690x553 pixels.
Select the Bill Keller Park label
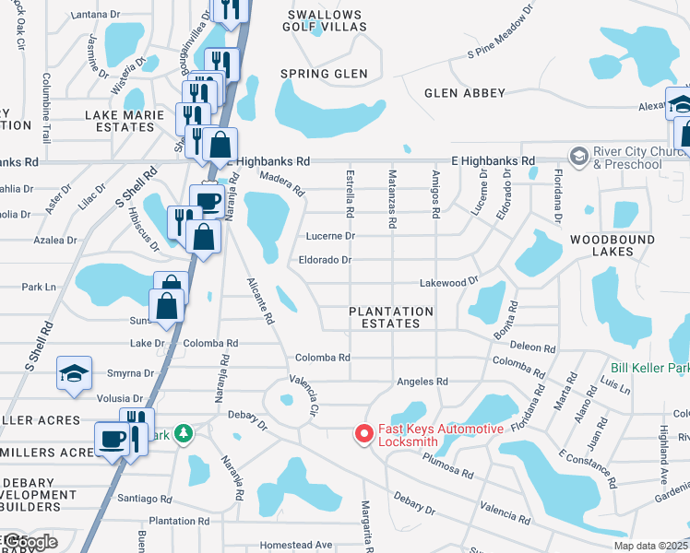650,369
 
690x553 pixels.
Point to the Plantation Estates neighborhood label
391,318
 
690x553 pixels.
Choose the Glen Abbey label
465,93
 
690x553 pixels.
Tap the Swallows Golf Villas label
326,21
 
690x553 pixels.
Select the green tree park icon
184,432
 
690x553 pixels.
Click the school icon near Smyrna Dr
74,373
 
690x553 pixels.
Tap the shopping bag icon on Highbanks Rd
220,145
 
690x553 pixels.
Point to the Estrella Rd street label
350,199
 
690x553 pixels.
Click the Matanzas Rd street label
392,199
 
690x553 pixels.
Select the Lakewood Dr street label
449,281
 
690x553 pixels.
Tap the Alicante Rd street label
260,300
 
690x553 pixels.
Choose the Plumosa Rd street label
454,470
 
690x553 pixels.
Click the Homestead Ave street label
295,545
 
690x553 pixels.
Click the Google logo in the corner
30,542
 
